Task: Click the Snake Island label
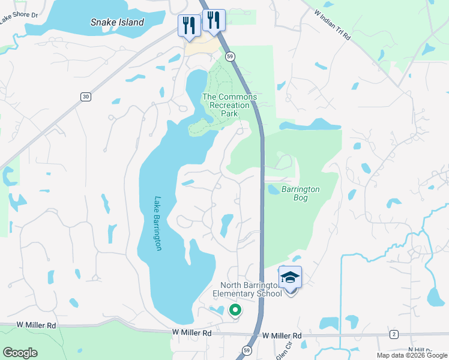click(x=118, y=22)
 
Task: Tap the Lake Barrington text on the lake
click(x=158, y=223)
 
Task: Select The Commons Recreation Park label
click(x=229, y=105)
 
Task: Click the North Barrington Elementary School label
click(x=251, y=289)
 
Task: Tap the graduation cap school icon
click(x=291, y=277)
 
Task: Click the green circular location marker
click(x=235, y=310)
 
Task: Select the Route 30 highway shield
click(x=86, y=96)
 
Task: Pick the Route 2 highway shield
click(x=394, y=334)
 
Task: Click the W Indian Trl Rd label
click(x=334, y=23)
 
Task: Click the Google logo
click(x=20, y=352)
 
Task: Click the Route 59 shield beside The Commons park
click(x=230, y=56)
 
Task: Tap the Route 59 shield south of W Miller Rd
click(x=246, y=350)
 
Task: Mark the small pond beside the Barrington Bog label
click(x=273, y=189)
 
